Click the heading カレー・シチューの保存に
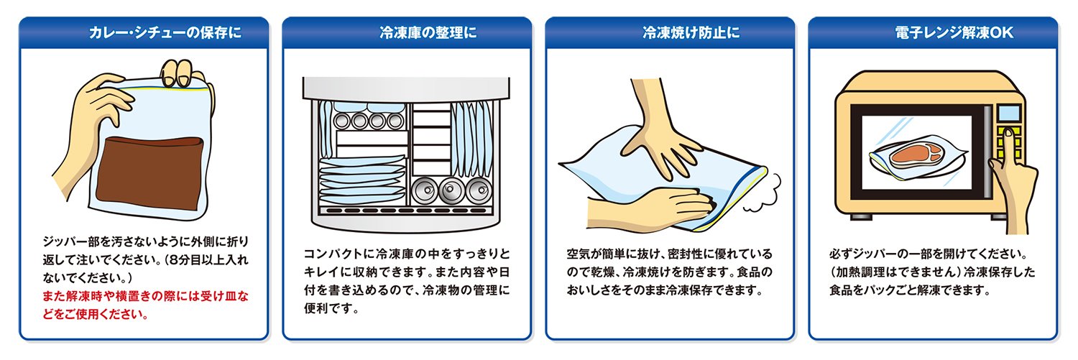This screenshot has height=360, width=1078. click(165, 32)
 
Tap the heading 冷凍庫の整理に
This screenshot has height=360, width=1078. click(428, 32)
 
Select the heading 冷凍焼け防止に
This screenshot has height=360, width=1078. click(691, 32)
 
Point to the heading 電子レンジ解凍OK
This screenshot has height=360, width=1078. click(954, 32)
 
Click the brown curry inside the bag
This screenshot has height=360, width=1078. click(149, 172)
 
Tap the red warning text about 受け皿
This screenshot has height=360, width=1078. click(145, 305)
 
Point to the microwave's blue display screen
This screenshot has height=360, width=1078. click(1008, 113)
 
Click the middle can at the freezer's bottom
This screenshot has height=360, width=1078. click(451, 191)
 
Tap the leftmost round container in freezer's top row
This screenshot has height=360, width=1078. click(342, 120)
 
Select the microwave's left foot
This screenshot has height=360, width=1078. click(862, 217)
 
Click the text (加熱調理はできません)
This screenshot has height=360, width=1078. click(895, 272)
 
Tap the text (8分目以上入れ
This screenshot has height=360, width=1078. click(207, 260)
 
